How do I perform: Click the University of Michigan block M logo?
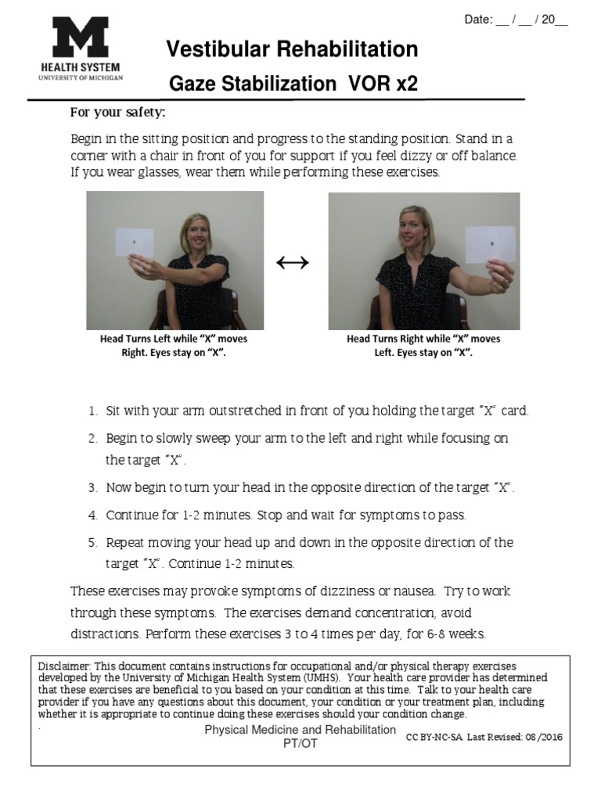[81, 38]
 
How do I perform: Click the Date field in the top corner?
[516, 20]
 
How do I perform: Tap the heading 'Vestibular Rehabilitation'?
[292, 50]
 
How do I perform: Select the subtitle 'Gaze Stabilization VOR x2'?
[292, 84]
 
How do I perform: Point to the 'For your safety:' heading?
[117, 112]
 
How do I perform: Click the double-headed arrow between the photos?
[293, 263]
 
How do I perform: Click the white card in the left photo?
[134, 242]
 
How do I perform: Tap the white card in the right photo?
[491, 243]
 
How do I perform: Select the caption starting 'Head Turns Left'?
[174, 346]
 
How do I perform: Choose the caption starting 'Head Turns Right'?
[423, 346]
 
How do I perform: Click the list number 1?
[92, 411]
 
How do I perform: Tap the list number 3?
[92, 488]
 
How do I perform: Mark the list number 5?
[92, 542]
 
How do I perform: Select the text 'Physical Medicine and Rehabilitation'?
[300, 729]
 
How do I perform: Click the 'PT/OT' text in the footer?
[300, 742]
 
